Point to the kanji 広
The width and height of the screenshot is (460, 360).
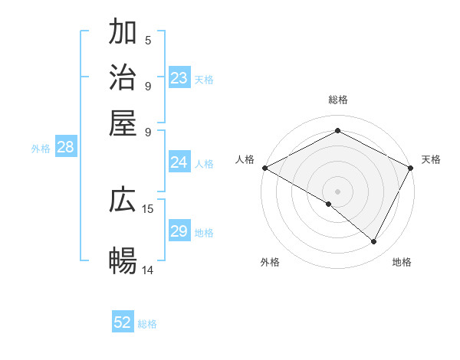point(123,201)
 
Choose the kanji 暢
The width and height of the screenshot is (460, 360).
point(123,261)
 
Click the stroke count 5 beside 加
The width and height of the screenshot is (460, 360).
point(147,40)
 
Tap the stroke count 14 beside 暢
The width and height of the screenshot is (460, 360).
point(148,270)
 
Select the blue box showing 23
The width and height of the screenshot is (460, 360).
point(179,78)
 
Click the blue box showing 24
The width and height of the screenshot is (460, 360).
point(179,162)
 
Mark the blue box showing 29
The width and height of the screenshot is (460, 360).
point(179,231)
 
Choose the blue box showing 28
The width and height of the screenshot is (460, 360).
point(65,148)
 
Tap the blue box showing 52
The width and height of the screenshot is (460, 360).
point(123,322)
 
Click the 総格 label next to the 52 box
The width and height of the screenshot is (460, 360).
point(147,324)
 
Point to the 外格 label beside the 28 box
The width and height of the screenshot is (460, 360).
point(41,149)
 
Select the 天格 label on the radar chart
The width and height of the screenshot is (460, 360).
point(431,159)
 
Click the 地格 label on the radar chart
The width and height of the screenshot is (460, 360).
point(402,263)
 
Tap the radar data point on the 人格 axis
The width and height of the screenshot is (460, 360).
point(264,167)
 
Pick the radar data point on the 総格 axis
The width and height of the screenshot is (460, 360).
point(337,130)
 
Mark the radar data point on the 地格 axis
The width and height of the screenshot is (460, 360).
point(374,242)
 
